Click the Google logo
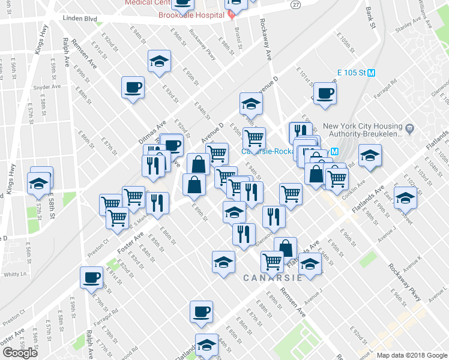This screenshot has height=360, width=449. tap(20, 353)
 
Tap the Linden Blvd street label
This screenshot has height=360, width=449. tap(80, 19)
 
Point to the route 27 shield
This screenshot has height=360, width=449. tap(295, 4)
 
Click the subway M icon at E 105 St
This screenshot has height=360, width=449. tap(372, 73)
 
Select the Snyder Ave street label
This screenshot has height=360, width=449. tap(47, 87)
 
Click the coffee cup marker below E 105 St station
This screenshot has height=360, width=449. tap(325, 93)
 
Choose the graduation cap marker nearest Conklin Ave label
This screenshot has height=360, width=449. tap(370, 155)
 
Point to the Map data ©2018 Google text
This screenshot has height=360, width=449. tap(411, 355)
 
